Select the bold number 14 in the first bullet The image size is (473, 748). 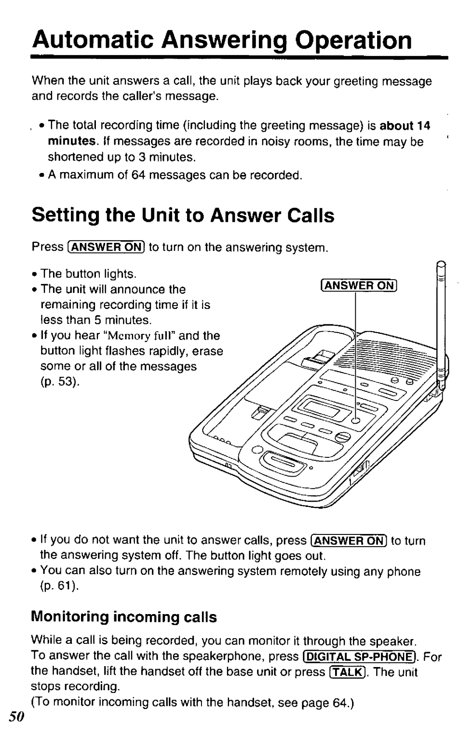pos(424,126)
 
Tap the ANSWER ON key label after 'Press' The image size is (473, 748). pos(106,247)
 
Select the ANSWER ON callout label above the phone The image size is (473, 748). pos(358,286)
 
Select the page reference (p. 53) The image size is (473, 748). pos(60,382)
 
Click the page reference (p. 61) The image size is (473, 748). pos(60,586)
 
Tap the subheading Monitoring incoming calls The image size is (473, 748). pos(124,617)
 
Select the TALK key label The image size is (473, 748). pos(347,672)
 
